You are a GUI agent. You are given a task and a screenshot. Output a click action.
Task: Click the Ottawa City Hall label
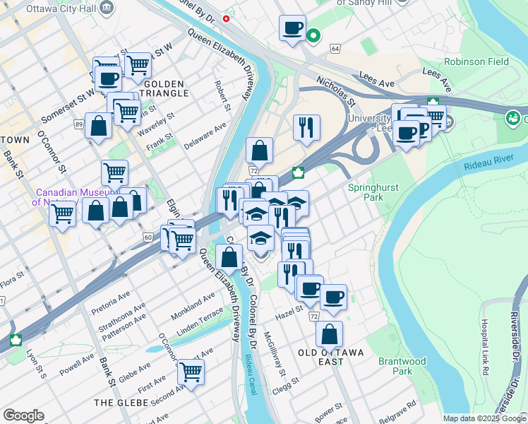pos(61,9)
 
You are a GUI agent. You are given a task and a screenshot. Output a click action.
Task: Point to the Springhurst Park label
pos(373,192)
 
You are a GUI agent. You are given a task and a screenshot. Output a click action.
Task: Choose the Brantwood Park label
pos(402,365)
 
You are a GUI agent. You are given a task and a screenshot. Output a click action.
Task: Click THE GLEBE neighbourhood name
pos(121,402)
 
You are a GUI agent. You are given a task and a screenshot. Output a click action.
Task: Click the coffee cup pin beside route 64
pos(292,29)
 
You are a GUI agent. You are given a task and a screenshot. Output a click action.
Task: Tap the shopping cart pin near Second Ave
pos(190,370)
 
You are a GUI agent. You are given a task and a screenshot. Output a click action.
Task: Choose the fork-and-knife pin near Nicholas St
pos(306,128)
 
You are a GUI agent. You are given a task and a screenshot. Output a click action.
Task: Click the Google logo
pos(23,416)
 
